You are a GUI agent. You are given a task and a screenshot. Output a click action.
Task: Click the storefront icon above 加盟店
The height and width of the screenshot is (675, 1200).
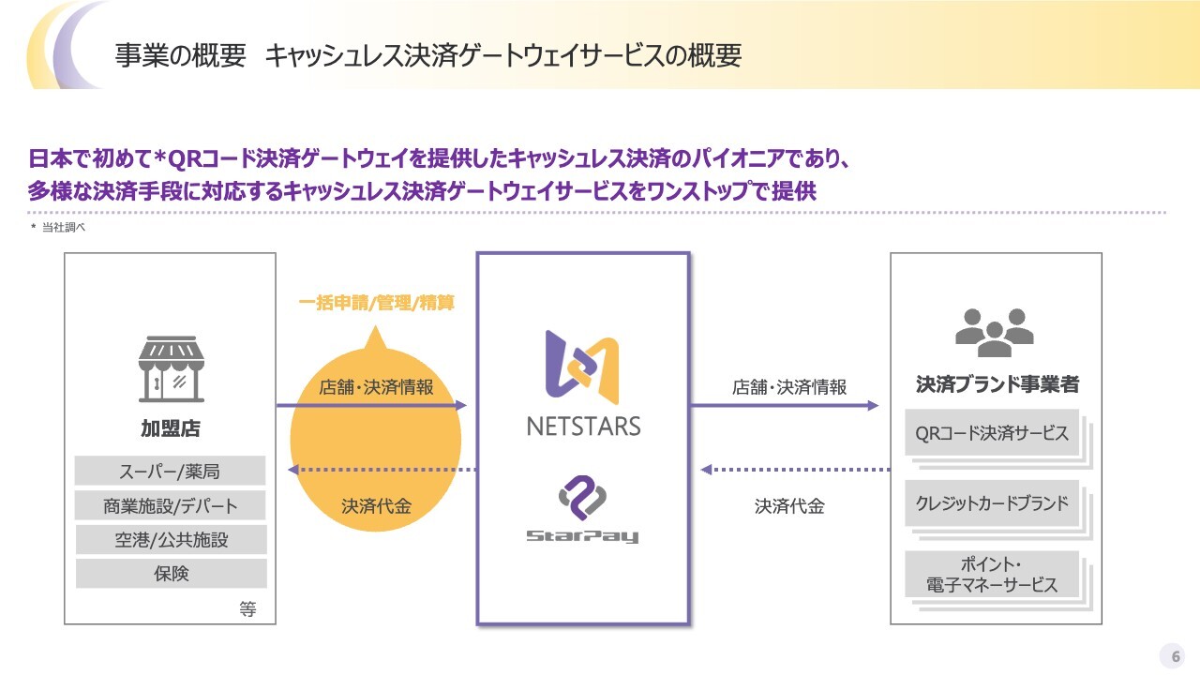(172, 369)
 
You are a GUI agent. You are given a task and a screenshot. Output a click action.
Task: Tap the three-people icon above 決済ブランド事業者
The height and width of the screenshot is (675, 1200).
(995, 333)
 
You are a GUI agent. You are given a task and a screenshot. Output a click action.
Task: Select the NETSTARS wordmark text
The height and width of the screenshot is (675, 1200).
(583, 427)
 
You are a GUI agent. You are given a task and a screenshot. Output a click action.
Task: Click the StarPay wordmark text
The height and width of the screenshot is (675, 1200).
(582, 536)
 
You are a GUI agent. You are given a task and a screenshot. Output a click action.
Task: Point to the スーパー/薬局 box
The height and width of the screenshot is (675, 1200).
(170, 471)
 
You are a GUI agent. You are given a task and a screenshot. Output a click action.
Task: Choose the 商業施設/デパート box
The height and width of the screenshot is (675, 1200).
(170, 505)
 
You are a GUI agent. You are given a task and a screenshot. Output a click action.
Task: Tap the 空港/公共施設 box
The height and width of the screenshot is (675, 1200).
(171, 539)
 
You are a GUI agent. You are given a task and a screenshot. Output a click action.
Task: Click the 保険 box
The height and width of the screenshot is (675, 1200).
(171, 574)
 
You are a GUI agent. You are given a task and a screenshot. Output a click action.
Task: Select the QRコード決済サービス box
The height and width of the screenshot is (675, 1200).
(992, 432)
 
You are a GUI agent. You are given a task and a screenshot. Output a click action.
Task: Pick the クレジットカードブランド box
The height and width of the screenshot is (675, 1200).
(992, 503)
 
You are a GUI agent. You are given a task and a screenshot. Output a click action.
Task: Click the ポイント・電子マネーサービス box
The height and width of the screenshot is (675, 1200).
(992, 574)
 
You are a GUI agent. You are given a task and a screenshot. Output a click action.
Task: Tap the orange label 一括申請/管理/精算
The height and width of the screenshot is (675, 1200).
(377, 303)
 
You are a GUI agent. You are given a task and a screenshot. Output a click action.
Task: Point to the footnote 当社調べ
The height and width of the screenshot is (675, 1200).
(63, 227)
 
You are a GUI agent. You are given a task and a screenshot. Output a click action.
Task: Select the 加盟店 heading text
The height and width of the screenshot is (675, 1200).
(171, 428)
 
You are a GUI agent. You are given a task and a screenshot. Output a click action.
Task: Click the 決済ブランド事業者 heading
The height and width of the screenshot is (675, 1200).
(997, 384)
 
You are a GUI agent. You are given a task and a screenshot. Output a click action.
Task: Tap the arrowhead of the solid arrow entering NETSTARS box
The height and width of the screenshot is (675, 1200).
(460, 406)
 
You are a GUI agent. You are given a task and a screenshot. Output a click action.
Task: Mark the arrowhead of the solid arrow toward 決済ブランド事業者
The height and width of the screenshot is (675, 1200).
(873, 406)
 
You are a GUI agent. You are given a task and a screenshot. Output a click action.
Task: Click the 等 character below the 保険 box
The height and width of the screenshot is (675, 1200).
(247, 609)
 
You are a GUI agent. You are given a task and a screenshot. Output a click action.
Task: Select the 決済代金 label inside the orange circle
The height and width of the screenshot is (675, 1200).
(376, 506)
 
